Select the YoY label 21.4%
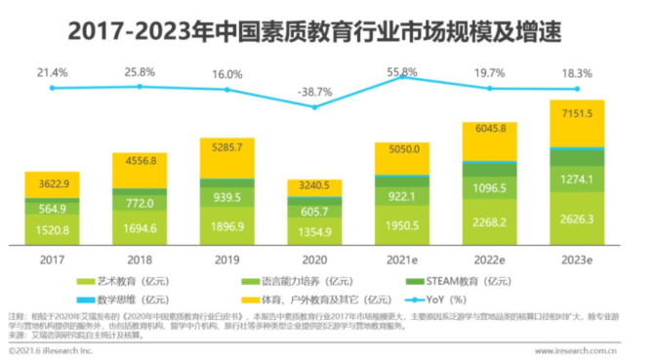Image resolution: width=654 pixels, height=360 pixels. coord(52,73)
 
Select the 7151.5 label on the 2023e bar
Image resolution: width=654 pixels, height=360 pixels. coord(584,114)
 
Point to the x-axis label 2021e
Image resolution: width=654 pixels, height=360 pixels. coord(409,261)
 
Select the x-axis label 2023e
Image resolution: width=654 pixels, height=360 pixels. coord(584,261)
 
